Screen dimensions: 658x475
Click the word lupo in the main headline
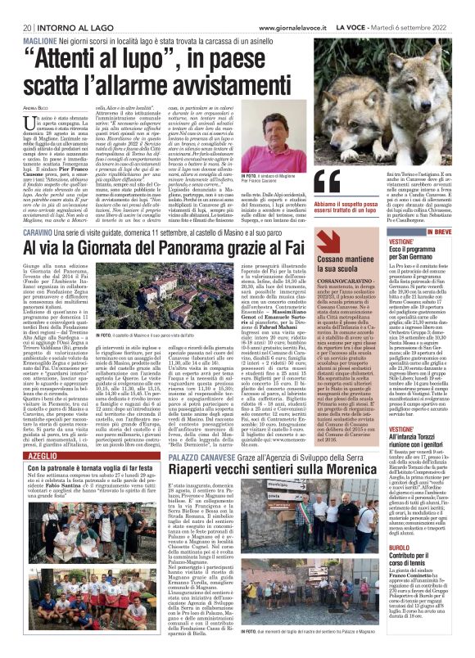pos(168,56)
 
